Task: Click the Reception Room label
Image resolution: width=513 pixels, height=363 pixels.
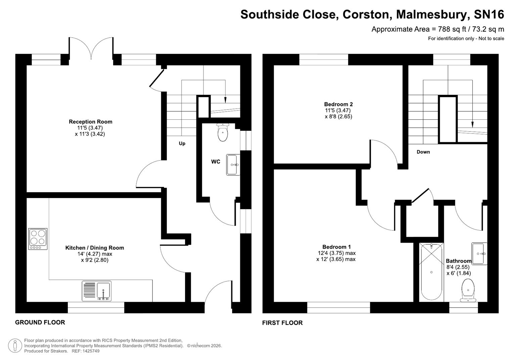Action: pyautogui.click(x=90, y=122)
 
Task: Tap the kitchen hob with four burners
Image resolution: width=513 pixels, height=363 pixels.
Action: pyautogui.click(x=38, y=239)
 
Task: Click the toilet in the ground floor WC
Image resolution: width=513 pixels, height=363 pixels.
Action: pyautogui.click(x=223, y=132)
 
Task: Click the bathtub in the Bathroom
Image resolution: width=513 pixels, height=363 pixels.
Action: pyautogui.click(x=431, y=272)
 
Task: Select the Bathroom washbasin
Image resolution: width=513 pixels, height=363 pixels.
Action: pyautogui.click(x=479, y=253)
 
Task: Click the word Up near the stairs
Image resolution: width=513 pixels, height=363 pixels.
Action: pyautogui.click(x=182, y=144)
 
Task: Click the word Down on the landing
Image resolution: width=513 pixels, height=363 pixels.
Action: pyautogui.click(x=423, y=152)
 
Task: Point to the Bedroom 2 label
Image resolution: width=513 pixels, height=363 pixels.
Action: pyautogui.click(x=338, y=104)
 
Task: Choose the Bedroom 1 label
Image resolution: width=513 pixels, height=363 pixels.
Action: pyautogui.click(x=336, y=247)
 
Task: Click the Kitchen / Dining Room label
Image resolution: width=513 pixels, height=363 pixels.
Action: pyautogui.click(x=95, y=248)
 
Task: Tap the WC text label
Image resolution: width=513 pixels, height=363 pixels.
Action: pyautogui.click(x=216, y=162)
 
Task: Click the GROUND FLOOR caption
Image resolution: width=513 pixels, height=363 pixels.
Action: pyautogui.click(x=40, y=322)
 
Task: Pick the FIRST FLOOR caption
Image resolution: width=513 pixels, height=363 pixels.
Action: pyautogui.click(x=282, y=323)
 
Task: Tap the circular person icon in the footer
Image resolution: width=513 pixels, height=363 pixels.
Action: pyautogui.click(x=15, y=346)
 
